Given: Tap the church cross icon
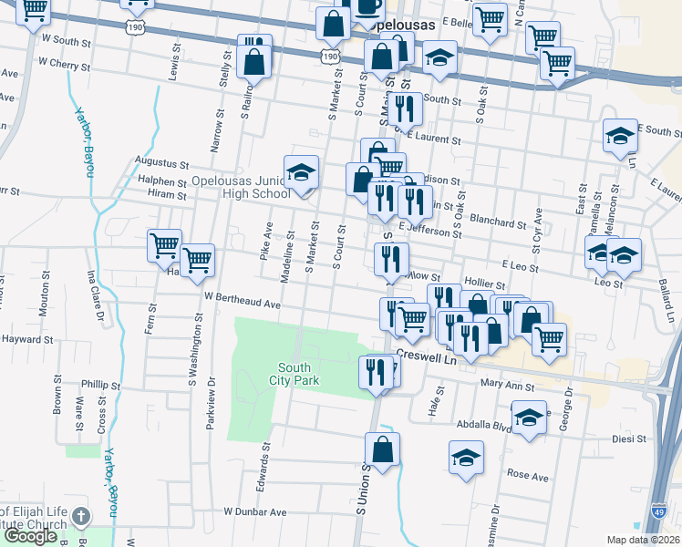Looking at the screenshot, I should pyautogui.click(x=80, y=517).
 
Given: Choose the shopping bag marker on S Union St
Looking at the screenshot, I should pyautogui.click(x=383, y=449).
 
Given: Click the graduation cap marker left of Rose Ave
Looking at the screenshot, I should pyautogui.click(x=466, y=457).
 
